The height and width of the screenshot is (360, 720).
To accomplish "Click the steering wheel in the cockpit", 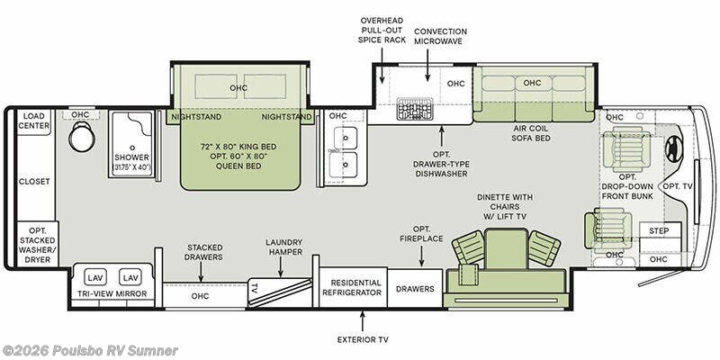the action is coord(674,148).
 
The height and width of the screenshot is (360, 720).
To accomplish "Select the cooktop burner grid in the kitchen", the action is coord(415,109).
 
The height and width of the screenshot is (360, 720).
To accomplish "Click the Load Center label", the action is coord(34,121).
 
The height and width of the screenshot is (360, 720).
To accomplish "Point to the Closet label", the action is coord(34,182).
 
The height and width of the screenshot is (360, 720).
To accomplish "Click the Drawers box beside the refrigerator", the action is coord(415,288).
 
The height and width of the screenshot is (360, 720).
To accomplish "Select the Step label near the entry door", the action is coord(659,230).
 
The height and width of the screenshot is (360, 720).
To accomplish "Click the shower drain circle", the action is coord(132,148).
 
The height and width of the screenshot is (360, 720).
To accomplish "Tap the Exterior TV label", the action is coord(363,340).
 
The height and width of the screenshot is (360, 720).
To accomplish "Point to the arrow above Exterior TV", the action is coord(363,321).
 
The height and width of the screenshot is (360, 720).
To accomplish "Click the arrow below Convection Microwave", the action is coord(427,65).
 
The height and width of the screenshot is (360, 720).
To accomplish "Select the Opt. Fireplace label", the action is coord(421,234).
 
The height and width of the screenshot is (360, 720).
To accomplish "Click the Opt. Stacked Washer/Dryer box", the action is coord(38,244).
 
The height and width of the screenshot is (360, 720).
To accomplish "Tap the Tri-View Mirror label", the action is coord(112,293).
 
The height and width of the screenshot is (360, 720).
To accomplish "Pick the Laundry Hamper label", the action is coord(285,247).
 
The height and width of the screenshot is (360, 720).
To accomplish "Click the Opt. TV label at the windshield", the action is coord(677,185).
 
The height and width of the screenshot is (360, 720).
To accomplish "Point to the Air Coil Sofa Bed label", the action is coord(532,133).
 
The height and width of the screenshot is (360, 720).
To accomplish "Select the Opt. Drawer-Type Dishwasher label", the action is coord(441,165).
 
